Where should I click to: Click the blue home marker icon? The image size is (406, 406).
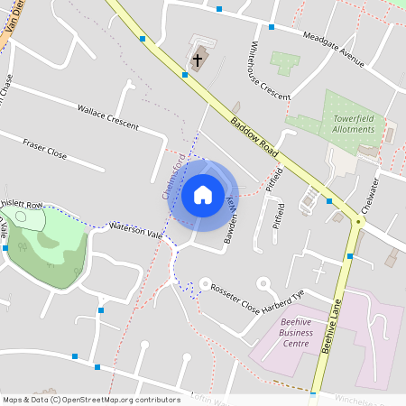(x=203, y=194)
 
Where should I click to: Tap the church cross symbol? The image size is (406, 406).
(x=198, y=60)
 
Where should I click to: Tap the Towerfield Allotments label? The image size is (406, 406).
(x=353, y=124)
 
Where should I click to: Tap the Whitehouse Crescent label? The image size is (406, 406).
(x=270, y=70)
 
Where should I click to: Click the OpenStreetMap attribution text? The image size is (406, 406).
(x=91, y=399)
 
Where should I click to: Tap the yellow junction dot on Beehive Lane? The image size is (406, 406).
(x=358, y=221)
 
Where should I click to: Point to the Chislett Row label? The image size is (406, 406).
(x=23, y=206)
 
